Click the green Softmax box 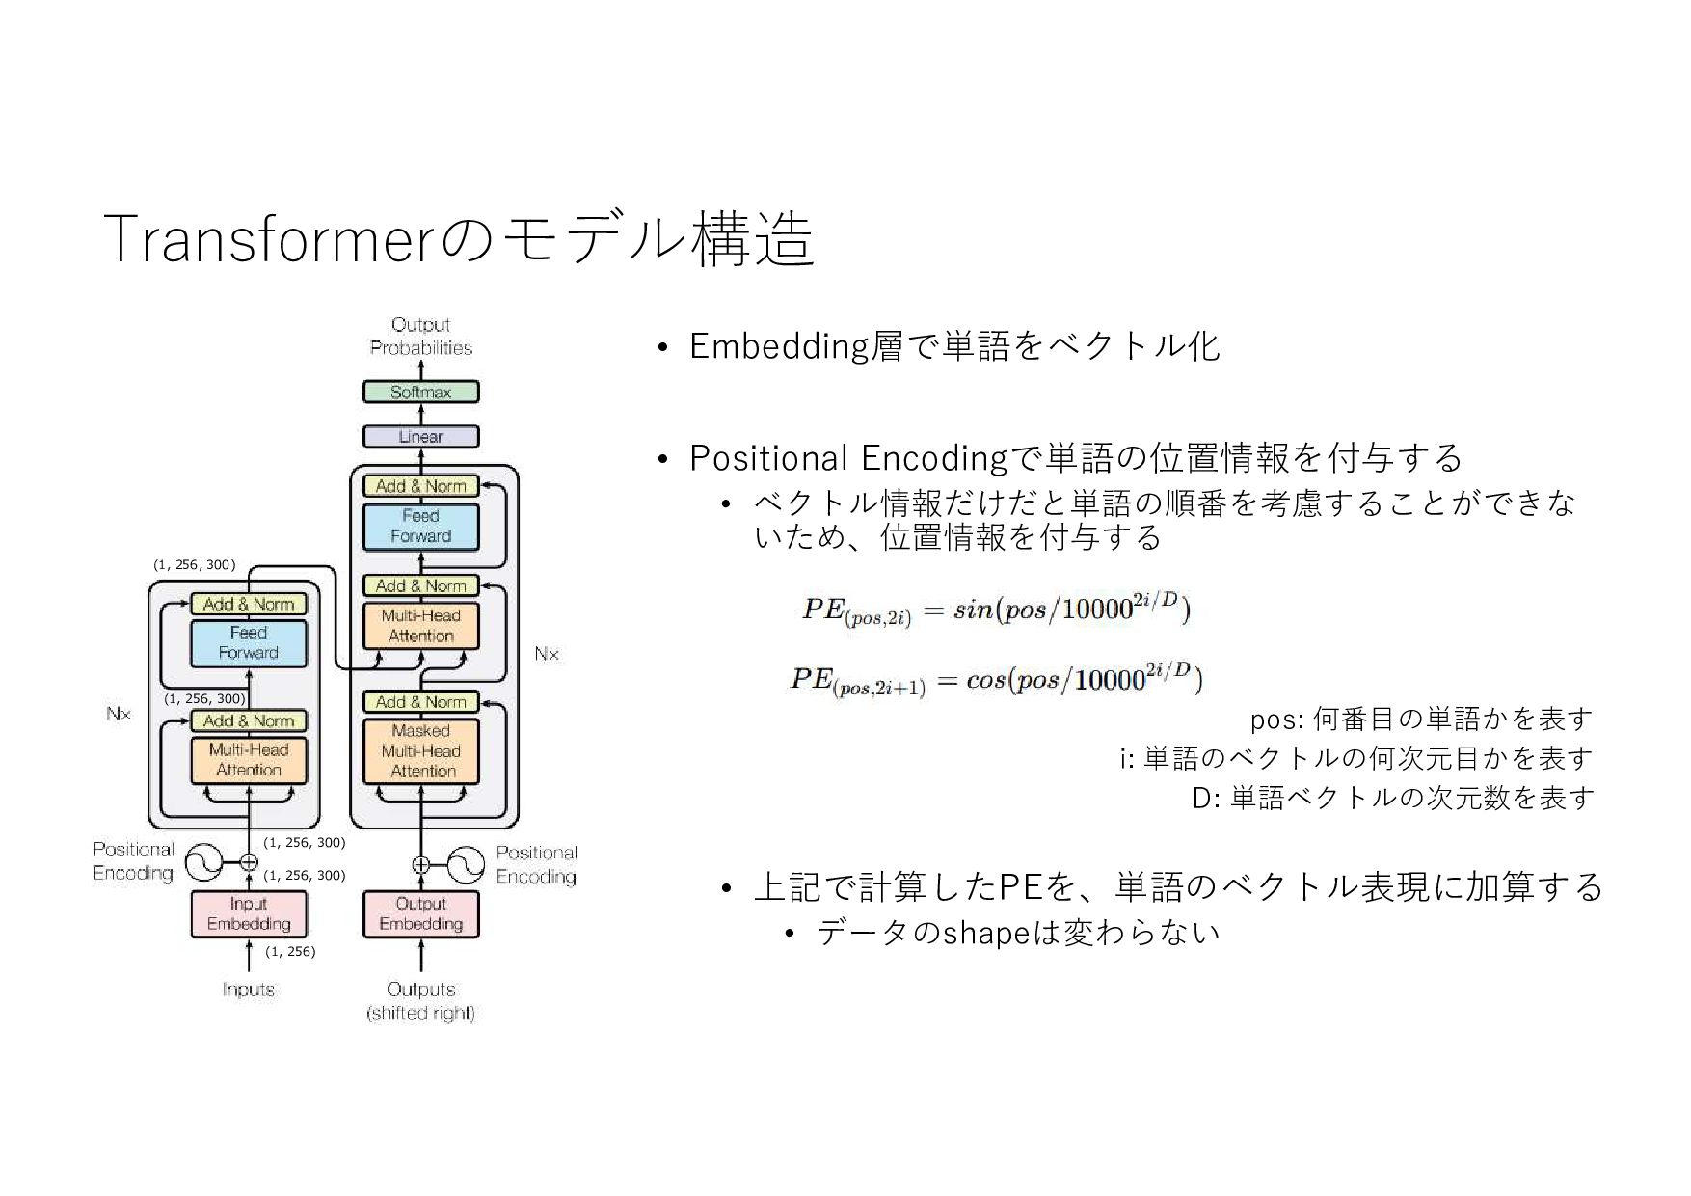tap(420, 393)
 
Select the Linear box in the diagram tap(420, 437)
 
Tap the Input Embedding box tap(248, 913)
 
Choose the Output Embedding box tap(420, 913)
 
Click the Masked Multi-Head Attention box tap(420, 751)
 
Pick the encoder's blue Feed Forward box tap(248, 643)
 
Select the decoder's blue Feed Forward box tap(420, 527)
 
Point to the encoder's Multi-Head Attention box tap(248, 760)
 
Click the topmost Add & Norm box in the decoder tap(420, 486)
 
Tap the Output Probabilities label tap(421, 337)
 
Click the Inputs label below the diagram tap(248, 990)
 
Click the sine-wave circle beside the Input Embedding tap(203, 862)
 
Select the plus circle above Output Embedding tap(420, 864)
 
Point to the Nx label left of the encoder tap(119, 714)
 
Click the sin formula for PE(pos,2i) tap(995, 611)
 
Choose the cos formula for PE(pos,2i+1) tap(995, 679)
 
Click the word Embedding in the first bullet tap(779, 346)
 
